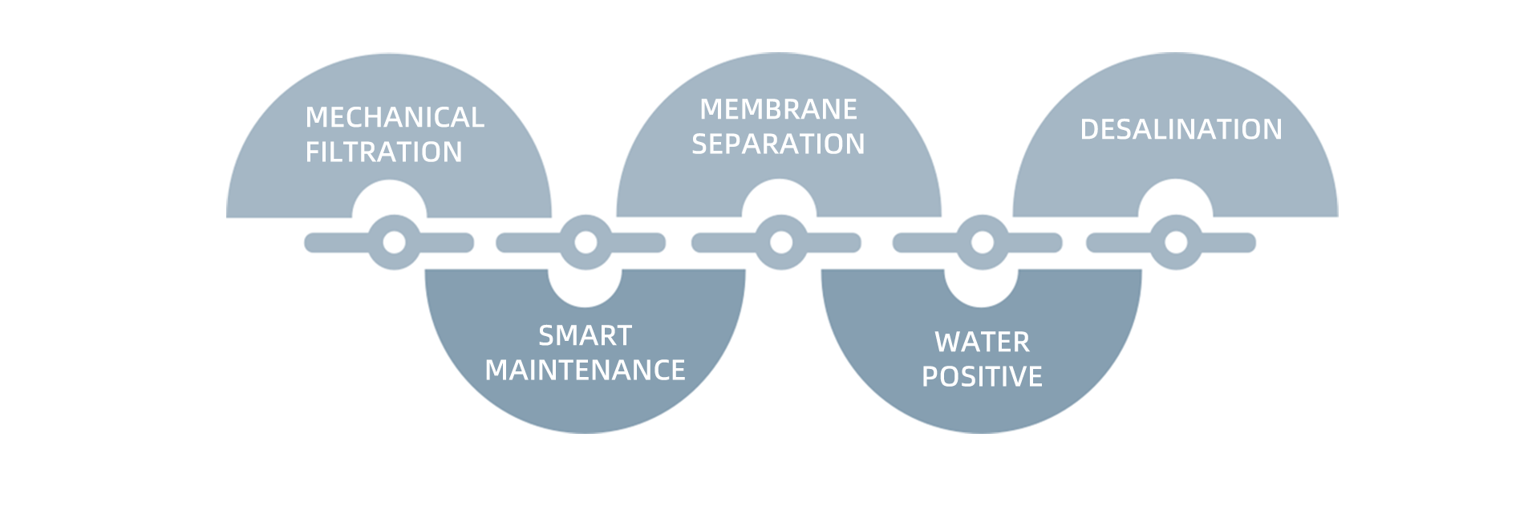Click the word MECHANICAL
click(x=395, y=118)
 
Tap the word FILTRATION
click(x=383, y=152)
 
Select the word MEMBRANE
click(x=778, y=110)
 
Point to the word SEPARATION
click(x=778, y=144)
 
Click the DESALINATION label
click(x=1181, y=130)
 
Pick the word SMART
click(x=585, y=336)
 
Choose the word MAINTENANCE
click(x=585, y=371)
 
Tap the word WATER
click(x=982, y=343)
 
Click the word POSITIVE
click(x=982, y=377)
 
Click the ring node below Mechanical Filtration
click(x=394, y=242)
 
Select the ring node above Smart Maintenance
click(x=586, y=242)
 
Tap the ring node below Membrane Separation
click(x=781, y=242)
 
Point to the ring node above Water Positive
click(x=982, y=242)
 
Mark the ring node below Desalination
click(x=1176, y=242)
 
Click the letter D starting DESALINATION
click(x=1089, y=130)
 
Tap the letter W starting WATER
click(x=947, y=343)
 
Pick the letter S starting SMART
click(x=546, y=336)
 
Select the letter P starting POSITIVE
click(x=930, y=377)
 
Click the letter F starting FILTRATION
click(x=313, y=152)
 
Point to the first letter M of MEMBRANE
click(x=711, y=110)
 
